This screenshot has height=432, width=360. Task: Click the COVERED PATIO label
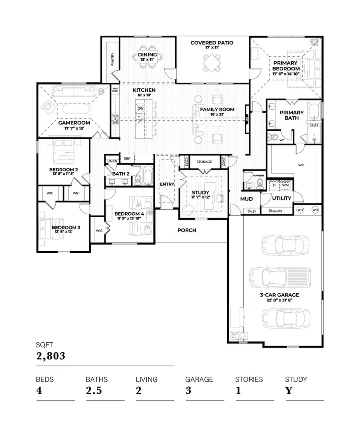[212, 43]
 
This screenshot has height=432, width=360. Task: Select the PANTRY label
[113, 59]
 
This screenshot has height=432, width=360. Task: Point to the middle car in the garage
[280, 276]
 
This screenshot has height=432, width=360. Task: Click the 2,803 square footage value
[50, 356]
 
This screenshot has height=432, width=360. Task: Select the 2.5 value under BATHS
[94, 390]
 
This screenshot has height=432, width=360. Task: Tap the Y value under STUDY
[288, 390]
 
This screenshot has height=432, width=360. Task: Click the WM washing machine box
[285, 185]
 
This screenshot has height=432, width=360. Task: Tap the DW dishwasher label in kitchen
[140, 108]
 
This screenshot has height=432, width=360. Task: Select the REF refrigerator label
[127, 159]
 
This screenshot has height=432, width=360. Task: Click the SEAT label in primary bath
[314, 125]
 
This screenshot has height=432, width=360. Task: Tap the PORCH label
[187, 230]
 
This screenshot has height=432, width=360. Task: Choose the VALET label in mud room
[252, 211]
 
